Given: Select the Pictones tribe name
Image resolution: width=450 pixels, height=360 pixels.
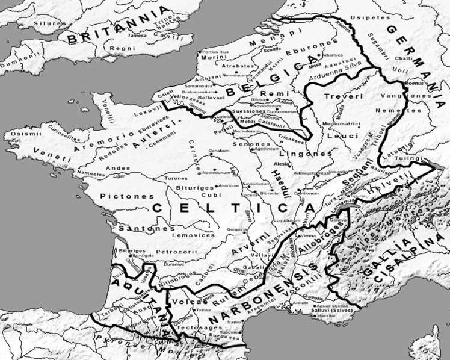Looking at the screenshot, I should tap(120, 196).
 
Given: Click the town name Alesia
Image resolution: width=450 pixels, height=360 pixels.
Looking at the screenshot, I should tap(282, 163).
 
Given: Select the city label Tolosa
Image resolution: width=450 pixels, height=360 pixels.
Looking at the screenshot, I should tap(202, 309).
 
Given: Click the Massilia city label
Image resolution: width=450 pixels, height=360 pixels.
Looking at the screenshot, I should tap(327, 316).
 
